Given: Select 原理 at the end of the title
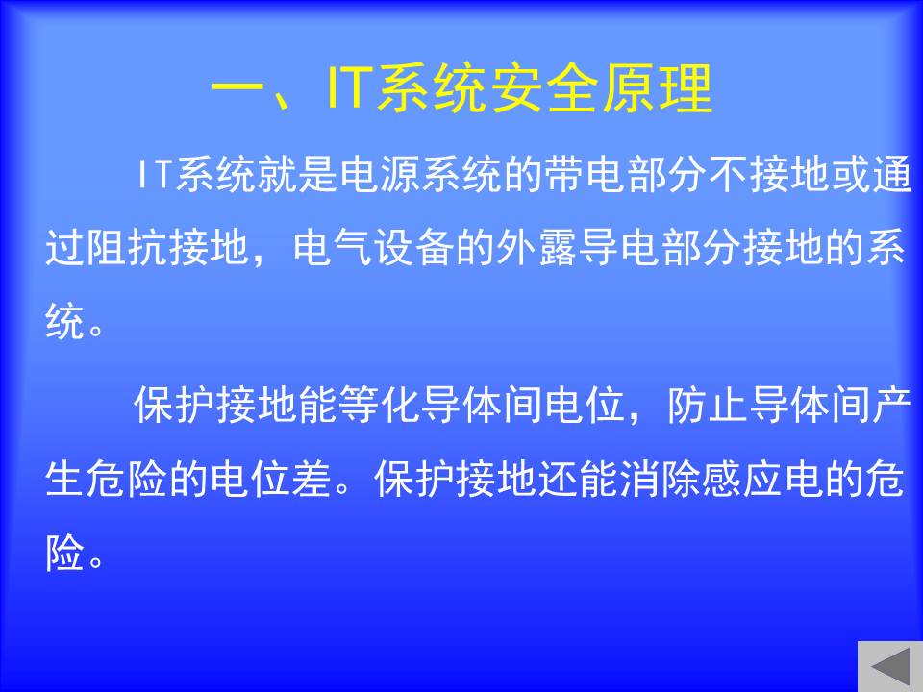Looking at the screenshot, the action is pos(657,88).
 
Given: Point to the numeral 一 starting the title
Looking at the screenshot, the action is pos(237,90).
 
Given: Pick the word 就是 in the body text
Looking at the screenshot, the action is pos(298,174).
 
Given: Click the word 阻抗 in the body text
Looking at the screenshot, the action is pos(128,247).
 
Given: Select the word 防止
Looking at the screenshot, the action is pos(709,405).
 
